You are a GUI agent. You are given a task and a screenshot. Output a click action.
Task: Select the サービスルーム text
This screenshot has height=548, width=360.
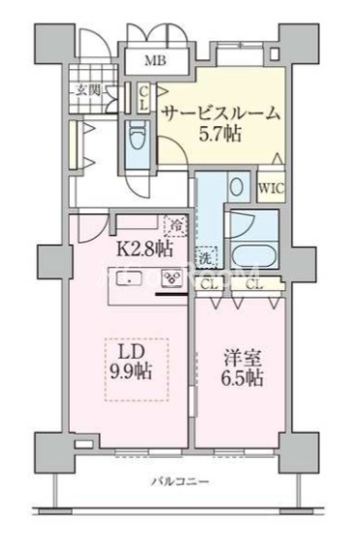(220, 113)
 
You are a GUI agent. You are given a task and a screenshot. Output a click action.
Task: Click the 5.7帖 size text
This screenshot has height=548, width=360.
(221, 135)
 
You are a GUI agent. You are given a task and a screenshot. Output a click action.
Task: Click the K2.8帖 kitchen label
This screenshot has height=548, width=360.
(146, 247)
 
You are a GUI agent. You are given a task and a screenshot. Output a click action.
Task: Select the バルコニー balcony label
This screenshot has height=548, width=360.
(179, 481)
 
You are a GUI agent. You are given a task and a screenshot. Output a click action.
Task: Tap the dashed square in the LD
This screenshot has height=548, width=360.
(136, 370)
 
